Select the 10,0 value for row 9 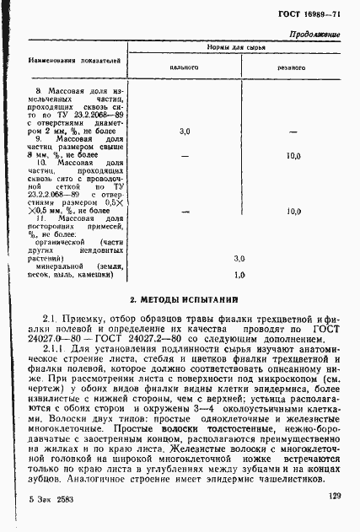293,156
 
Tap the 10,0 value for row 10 293,212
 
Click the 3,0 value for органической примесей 239,258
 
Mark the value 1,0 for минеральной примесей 239,275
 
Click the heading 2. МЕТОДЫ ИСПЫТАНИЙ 180,299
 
